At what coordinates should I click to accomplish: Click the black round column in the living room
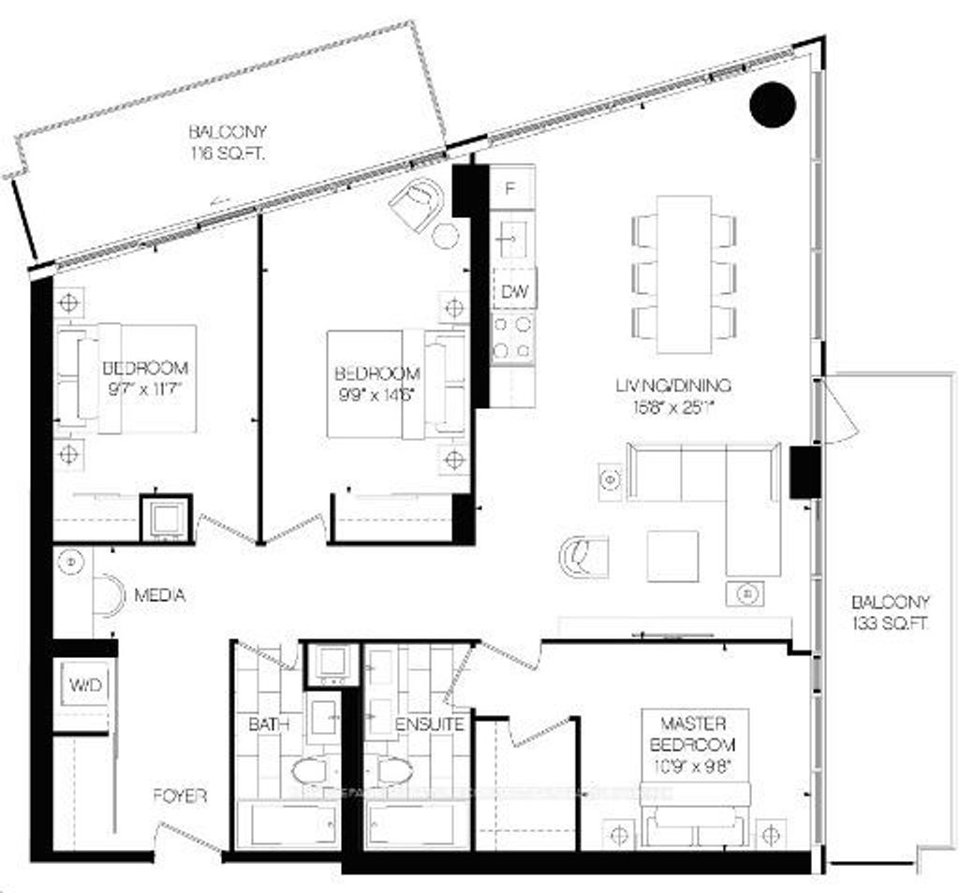click(x=773, y=103)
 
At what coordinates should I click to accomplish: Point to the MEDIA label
click(x=159, y=595)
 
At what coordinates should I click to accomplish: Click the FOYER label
click(x=181, y=797)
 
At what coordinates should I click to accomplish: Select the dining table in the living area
click(x=684, y=273)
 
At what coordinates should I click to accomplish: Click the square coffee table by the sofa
click(x=672, y=556)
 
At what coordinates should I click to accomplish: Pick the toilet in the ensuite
click(x=394, y=771)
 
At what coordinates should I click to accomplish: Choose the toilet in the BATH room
click(x=310, y=771)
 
